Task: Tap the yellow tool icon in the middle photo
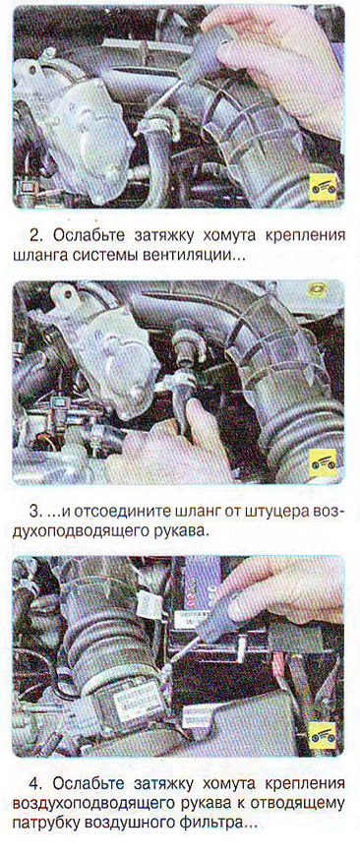[323, 463]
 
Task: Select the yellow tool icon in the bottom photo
[323, 736]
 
